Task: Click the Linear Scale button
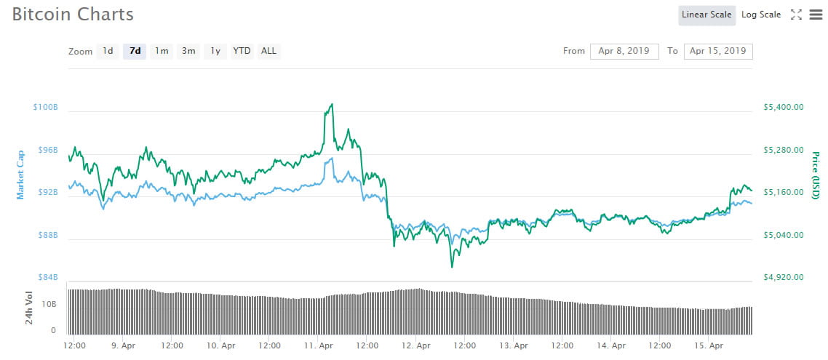[706, 15]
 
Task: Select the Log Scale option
[761, 15]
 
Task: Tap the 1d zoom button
[108, 51]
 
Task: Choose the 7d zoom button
[135, 51]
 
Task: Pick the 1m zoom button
[162, 51]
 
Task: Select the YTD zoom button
[242, 51]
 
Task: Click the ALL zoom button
[268, 51]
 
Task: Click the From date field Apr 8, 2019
[624, 51]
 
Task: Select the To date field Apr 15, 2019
[718, 51]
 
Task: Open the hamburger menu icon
[816, 15]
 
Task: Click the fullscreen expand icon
[796, 15]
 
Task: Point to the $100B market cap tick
[45, 107]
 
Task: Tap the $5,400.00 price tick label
[783, 107]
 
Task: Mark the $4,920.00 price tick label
[783, 277]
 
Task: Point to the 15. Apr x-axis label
[709, 346]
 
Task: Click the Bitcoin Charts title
[73, 14]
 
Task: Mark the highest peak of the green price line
[332, 104]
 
